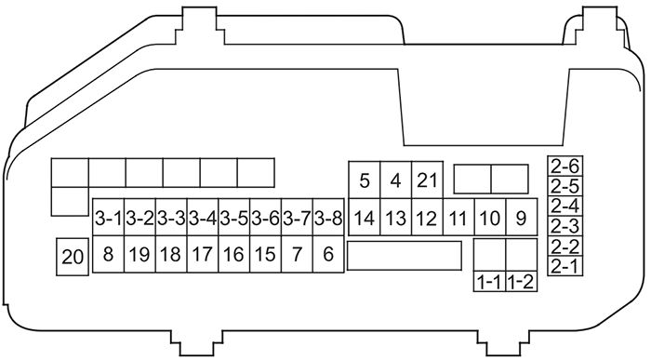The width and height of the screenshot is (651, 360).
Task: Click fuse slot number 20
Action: [x=72, y=256]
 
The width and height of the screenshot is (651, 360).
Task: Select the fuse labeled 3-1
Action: [x=108, y=220]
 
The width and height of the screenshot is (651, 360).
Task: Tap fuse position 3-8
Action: [x=327, y=220]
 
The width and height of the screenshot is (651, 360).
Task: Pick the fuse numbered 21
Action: [x=427, y=180]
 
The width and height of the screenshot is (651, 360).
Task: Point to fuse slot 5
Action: [x=365, y=180]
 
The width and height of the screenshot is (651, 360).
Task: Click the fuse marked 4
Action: [x=396, y=180]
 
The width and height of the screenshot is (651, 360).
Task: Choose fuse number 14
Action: [x=365, y=220]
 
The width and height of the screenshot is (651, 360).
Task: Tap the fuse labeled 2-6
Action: [x=565, y=167]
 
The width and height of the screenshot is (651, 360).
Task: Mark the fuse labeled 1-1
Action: [x=489, y=281]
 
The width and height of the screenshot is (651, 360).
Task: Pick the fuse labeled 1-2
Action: [x=521, y=281]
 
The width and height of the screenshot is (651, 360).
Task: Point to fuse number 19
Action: [x=139, y=253]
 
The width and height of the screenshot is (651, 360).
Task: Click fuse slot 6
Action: [x=327, y=253]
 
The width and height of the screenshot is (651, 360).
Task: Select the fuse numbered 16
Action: [x=233, y=253]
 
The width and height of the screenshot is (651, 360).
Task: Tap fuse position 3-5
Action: [x=233, y=220]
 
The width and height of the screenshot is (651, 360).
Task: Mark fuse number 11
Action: [x=458, y=220]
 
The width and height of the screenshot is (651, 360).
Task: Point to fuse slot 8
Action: [x=108, y=253]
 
